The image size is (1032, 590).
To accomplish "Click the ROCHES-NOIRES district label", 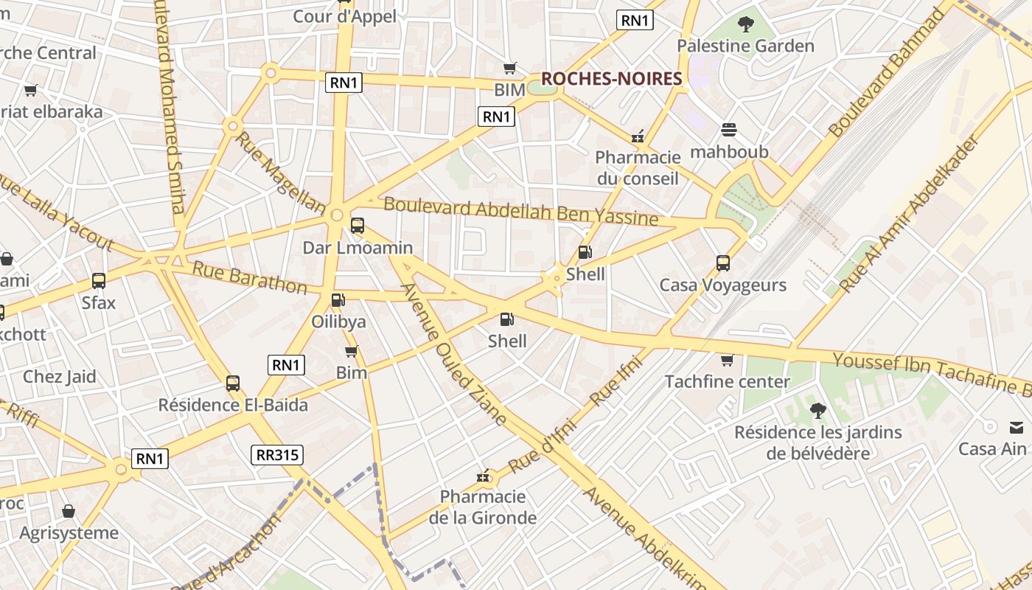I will pyautogui.click(x=611, y=79).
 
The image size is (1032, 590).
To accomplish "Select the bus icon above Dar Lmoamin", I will pyautogui.click(x=358, y=226).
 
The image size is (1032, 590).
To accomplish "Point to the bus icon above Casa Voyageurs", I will pyautogui.click(x=723, y=263).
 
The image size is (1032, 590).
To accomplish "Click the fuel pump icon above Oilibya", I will pyautogui.click(x=338, y=300).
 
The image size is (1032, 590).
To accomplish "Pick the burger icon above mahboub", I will pyautogui.click(x=729, y=131).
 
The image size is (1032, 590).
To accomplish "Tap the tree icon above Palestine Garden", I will pyautogui.click(x=746, y=24).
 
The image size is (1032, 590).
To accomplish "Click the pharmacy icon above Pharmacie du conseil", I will pyautogui.click(x=638, y=136).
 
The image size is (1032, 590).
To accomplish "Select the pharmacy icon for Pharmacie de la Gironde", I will pyautogui.click(x=484, y=476).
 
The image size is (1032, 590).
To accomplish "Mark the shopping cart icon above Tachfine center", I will pyautogui.click(x=727, y=360).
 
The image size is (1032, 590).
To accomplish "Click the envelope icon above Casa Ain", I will pyautogui.click(x=1017, y=427).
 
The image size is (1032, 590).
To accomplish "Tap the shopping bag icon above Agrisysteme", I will pyautogui.click(x=69, y=511).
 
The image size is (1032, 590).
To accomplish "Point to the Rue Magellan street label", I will pyautogui.click(x=280, y=173).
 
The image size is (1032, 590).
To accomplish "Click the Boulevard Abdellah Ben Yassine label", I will pyautogui.click(x=520, y=211).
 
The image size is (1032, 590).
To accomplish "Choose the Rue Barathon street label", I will pyautogui.click(x=249, y=277).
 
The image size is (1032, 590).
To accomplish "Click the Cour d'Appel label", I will pyautogui.click(x=344, y=16).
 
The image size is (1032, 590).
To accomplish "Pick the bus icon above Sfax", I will pyautogui.click(x=99, y=281).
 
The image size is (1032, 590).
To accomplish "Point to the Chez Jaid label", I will pyautogui.click(x=60, y=377).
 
